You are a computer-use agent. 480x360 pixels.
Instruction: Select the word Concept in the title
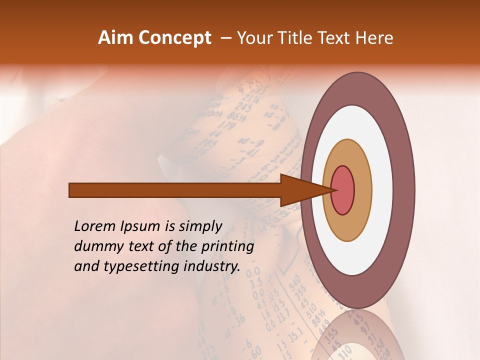(174, 38)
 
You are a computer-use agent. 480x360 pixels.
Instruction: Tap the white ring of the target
(382, 190)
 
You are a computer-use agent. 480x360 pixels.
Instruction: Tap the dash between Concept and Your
(225, 38)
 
